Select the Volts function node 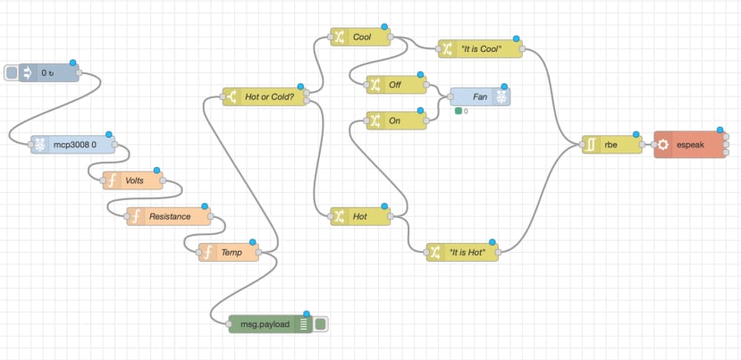(134, 180)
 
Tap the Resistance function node (169, 216)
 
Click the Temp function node (230, 253)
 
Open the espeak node (692, 144)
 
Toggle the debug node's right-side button (320, 324)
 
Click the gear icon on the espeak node (663, 144)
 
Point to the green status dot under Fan (458, 111)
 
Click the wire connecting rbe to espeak (648, 144)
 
